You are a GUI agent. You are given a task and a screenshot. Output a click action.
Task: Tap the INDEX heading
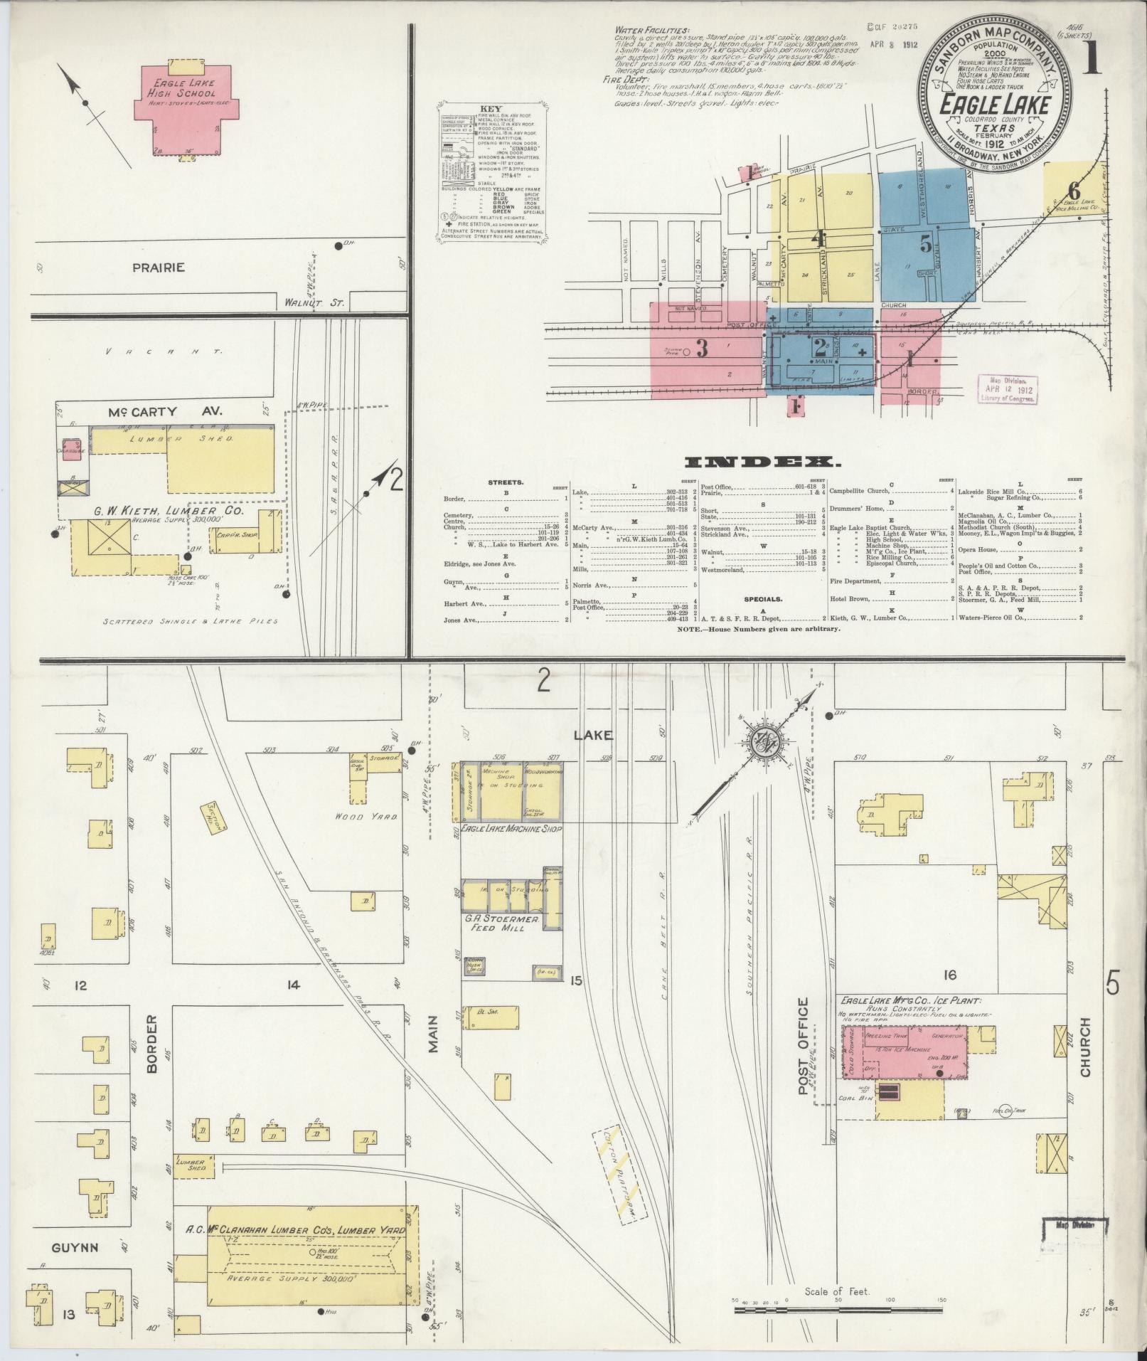coord(763,462)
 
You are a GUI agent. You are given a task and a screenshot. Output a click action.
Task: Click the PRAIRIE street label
coord(158,268)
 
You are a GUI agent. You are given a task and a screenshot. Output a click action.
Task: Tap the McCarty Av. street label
coord(166,411)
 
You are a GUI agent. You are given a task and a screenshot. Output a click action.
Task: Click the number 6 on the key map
coord(1073,191)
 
